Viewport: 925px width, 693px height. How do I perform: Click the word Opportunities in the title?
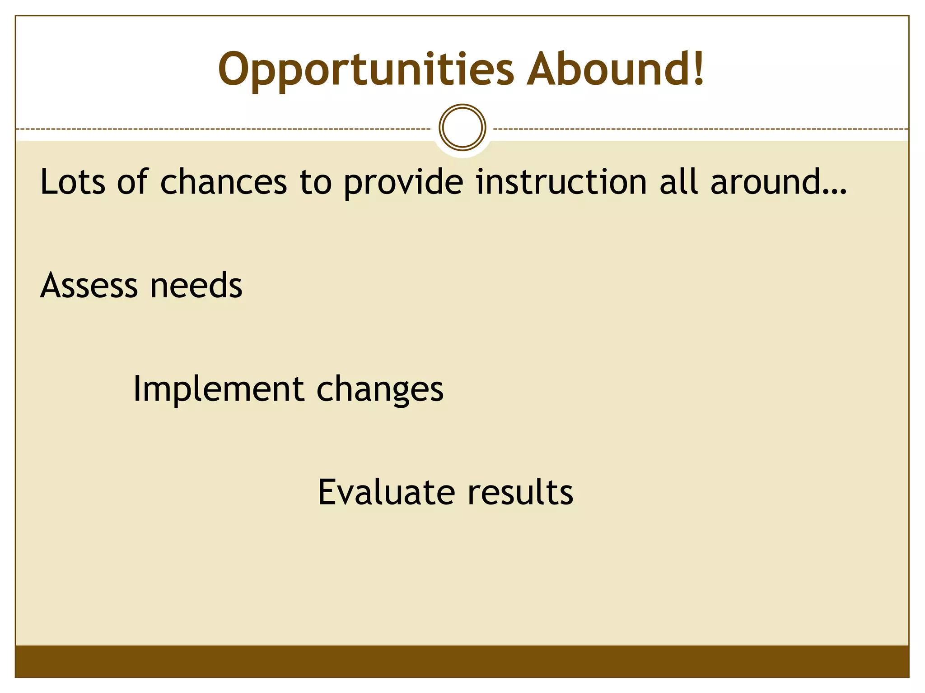[x=366, y=70]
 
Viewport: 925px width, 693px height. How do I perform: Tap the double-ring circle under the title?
[x=462, y=127]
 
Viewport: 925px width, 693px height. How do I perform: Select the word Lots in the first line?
[x=73, y=182]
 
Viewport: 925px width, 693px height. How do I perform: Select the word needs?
[x=196, y=286]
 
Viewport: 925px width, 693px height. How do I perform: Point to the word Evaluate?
[x=386, y=492]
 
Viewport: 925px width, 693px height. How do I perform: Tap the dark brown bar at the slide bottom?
[x=462, y=661]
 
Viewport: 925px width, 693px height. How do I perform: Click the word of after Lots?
[x=132, y=182]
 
